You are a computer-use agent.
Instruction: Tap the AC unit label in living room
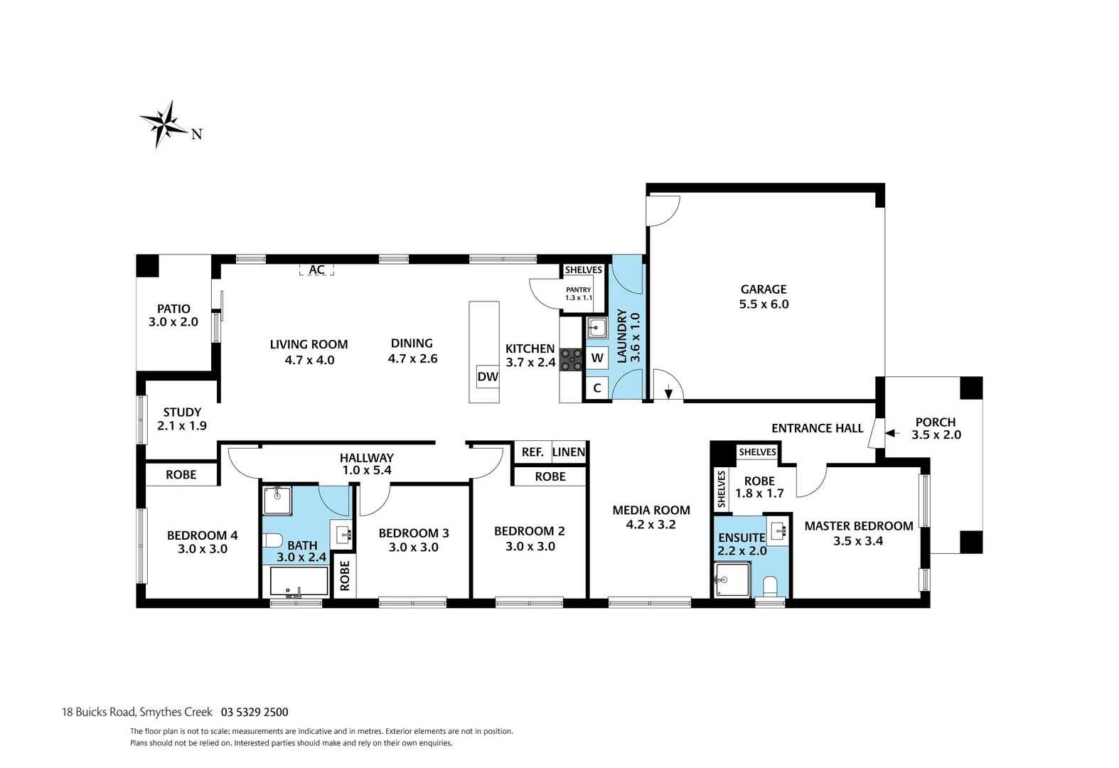coord(316,270)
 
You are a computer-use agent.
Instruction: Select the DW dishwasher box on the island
coord(488,377)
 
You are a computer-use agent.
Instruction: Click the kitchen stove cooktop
coord(571,359)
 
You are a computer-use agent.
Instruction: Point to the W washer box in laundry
coord(597,358)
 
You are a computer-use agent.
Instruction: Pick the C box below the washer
coord(597,388)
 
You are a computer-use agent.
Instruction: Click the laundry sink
coord(596,328)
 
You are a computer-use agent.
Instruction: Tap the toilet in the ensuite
coord(769,587)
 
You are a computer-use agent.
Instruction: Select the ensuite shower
coord(730,580)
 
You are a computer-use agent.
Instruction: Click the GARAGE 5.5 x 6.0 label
coord(764,297)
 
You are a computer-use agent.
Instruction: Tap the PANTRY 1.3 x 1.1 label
coord(579,293)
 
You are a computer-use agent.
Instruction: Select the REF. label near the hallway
coord(532,452)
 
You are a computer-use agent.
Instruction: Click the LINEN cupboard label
coord(569,452)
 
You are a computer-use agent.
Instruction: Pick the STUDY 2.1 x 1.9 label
coord(182,419)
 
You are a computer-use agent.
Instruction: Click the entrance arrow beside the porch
coord(891,433)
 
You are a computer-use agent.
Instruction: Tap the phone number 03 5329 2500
coord(255,712)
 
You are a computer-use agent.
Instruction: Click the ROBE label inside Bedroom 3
coord(345,576)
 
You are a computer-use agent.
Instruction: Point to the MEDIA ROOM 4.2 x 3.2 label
coord(651,517)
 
